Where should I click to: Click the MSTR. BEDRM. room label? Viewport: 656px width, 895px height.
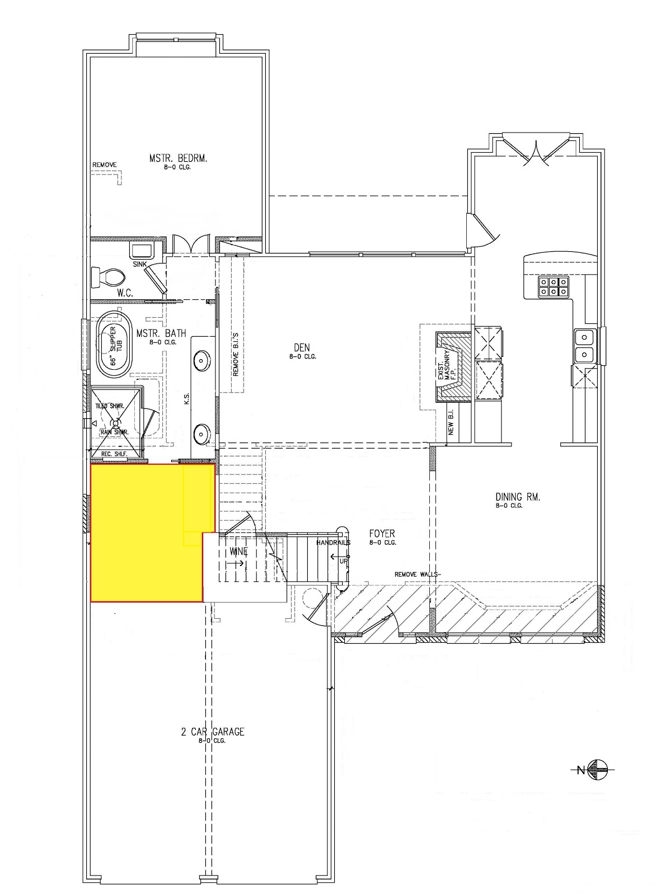coord(178,158)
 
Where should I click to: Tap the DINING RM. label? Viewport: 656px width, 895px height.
coord(517,496)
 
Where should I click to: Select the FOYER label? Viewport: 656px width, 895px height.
coord(382,534)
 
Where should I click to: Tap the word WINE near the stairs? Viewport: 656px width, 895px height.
coord(238,552)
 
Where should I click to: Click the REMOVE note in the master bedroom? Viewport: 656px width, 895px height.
coord(104,164)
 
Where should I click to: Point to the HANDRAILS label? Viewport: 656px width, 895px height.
coord(333,543)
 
